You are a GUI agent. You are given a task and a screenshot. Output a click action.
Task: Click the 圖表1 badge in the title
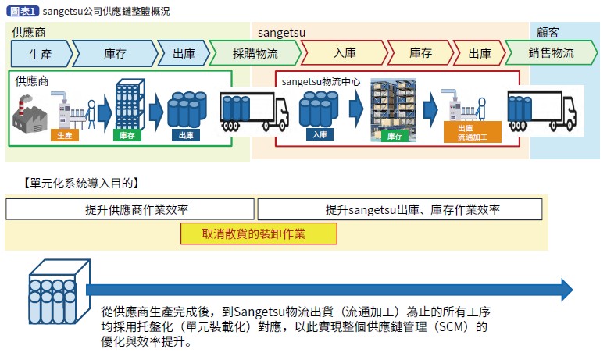coord(23,12)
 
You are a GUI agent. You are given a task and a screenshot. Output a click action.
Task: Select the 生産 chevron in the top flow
coord(41,54)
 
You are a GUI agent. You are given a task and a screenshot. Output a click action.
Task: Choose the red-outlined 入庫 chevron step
coord(344,54)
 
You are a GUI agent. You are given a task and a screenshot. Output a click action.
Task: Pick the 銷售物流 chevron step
coord(551,54)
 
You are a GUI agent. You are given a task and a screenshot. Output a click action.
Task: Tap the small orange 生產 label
coord(64,135)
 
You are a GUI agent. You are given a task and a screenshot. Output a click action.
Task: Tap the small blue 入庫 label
coord(320,134)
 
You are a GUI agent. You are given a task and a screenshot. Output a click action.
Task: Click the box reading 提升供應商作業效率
coord(130,209)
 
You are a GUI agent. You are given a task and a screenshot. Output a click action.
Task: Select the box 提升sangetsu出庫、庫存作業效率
coord(399,209)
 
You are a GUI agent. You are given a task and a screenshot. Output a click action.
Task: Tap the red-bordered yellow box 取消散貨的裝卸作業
coord(259,233)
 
